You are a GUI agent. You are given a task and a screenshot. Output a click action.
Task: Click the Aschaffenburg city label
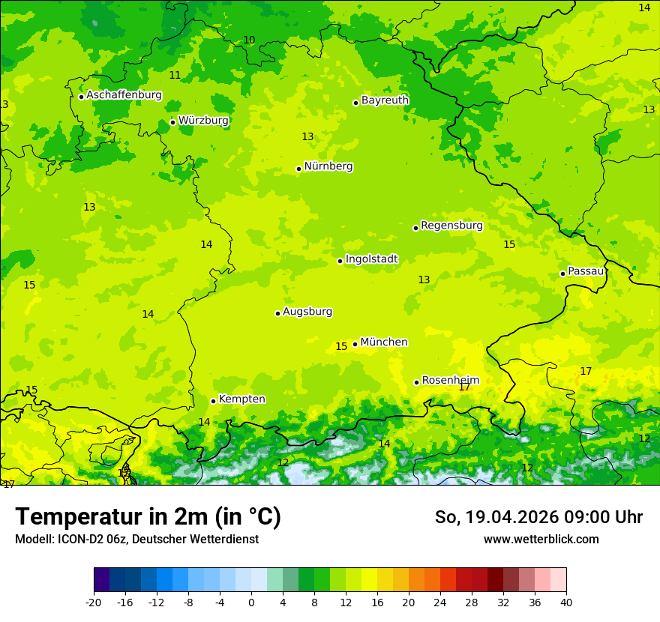click(x=124, y=95)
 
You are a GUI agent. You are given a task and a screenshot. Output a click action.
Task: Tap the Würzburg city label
click(x=203, y=121)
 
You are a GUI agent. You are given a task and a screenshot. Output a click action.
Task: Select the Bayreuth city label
click(x=385, y=100)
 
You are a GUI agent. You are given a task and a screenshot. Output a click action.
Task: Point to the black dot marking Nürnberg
click(x=298, y=169)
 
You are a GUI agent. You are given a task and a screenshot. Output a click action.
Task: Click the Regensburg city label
click(x=451, y=226)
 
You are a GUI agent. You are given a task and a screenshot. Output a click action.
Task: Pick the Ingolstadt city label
click(x=371, y=259)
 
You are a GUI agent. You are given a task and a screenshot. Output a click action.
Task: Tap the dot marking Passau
click(x=562, y=274)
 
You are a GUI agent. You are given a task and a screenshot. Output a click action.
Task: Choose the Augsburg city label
click(x=307, y=312)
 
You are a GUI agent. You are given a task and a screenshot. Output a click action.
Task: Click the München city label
click(x=384, y=342)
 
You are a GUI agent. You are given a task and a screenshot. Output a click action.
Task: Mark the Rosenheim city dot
click(x=416, y=382)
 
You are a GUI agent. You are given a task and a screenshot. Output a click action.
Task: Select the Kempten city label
click(x=241, y=399)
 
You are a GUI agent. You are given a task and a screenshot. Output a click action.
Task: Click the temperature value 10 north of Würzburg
click(x=249, y=40)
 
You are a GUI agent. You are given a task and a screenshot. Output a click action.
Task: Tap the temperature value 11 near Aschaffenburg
click(x=175, y=76)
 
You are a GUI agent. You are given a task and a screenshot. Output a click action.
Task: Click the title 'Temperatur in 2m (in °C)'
click(x=148, y=517)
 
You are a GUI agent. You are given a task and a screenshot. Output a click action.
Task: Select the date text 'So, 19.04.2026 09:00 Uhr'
click(x=538, y=517)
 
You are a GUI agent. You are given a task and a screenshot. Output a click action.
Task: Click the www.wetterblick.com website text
click(x=541, y=540)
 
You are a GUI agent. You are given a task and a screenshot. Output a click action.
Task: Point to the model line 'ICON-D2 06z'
click(x=136, y=540)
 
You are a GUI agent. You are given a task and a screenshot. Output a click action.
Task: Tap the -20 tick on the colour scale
click(x=94, y=602)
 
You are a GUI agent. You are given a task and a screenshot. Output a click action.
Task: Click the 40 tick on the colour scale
click(x=566, y=602)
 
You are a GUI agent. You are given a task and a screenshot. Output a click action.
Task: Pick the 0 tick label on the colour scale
click(x=251, y=602)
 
